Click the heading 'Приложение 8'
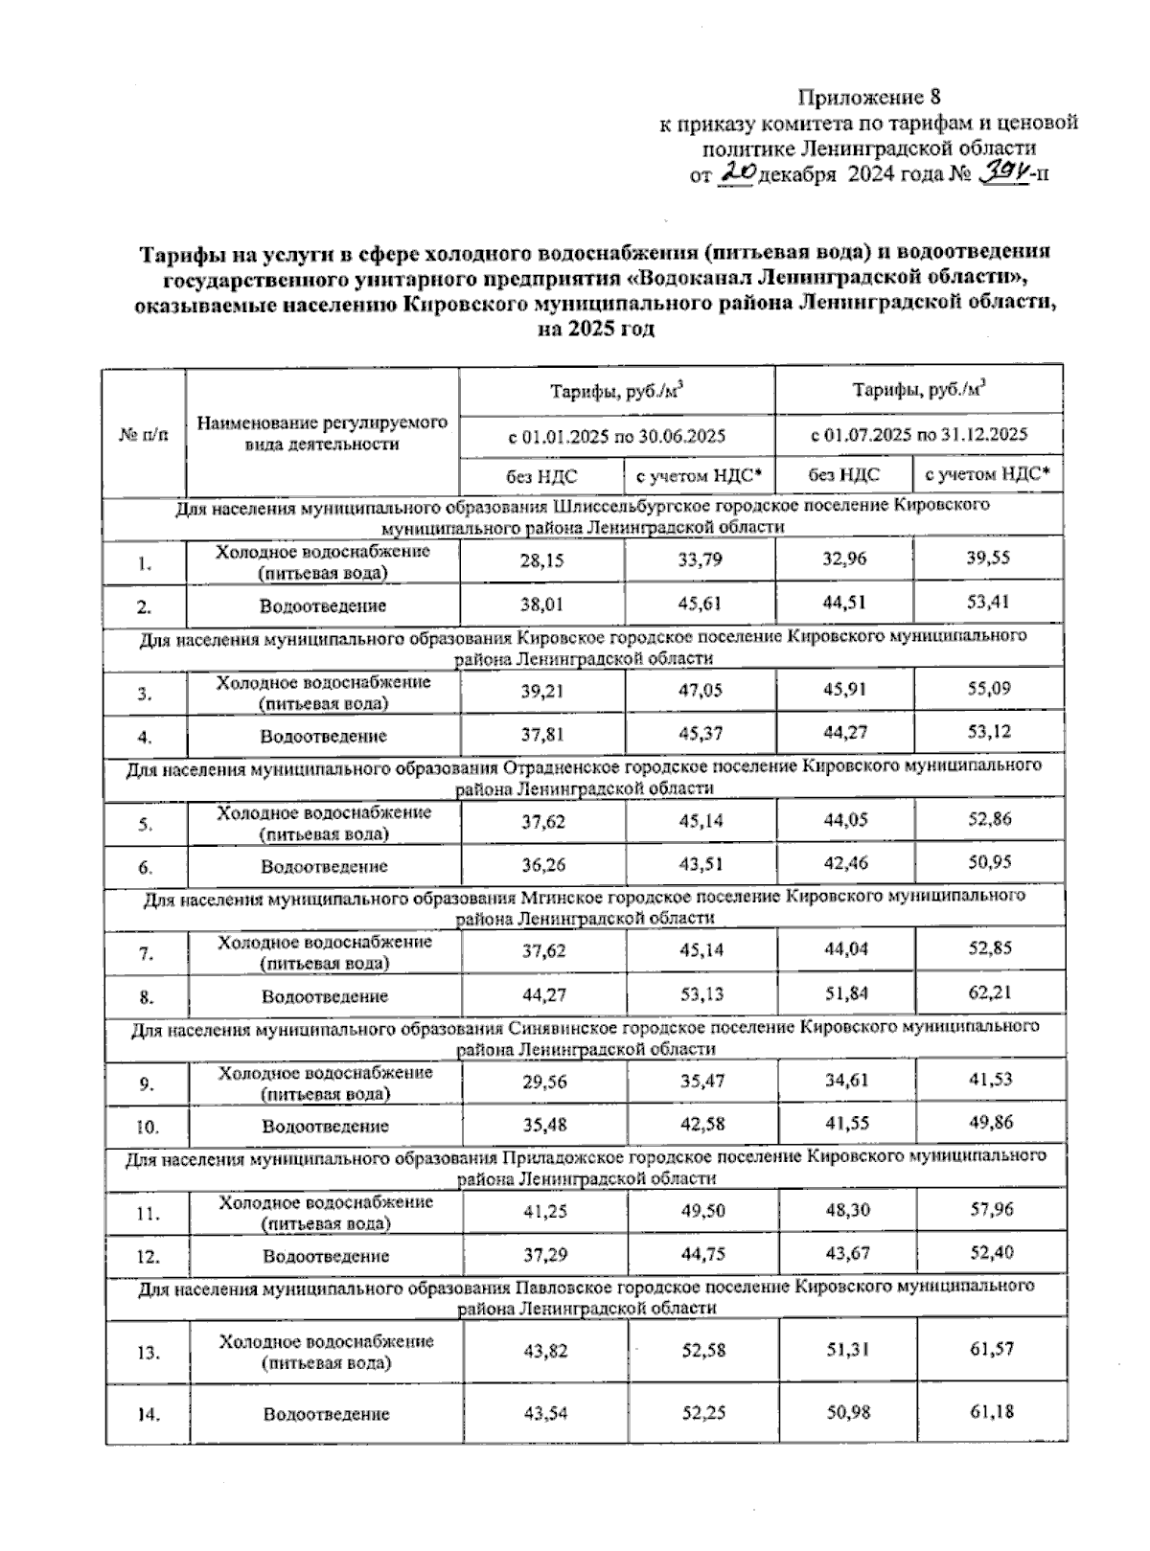[x=870, y=97]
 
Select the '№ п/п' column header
[x=144, y=434]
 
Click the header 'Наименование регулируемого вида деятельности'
[x=322, y=433]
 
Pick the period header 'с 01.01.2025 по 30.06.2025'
[x=616, y=435]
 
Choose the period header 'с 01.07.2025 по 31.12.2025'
[x=918, y=434]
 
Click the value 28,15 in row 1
[x=541, y=559]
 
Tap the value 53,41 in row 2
[x=988, y=603]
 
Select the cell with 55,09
[x=989, y=688]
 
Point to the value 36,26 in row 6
[x=542, y=865]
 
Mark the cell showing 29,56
[x=543, y=1081]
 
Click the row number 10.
[x=147, y=1127]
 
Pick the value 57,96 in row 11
[x=991, y=1209]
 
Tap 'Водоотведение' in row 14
[x=326, y=1414]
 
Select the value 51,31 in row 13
[x=846, y=1349]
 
